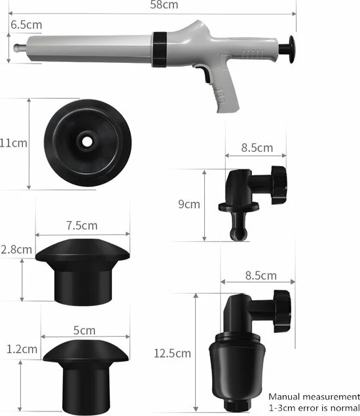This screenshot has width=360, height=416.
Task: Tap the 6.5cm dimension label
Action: point(26,26)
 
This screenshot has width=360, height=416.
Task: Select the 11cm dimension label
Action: point(14,143)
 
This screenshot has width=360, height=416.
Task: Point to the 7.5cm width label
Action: point(82,225)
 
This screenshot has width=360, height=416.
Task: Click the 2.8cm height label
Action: point(16,249)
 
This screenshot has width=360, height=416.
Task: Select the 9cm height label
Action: point(189,204)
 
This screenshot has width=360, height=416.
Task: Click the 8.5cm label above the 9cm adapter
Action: point(257,147)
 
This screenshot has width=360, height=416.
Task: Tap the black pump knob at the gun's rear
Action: point(287,50)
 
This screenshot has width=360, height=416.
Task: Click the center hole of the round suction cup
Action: point(86,141)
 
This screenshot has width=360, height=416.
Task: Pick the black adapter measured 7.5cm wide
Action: point(82,269)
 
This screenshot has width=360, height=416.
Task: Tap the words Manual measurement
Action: point(314,396)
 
